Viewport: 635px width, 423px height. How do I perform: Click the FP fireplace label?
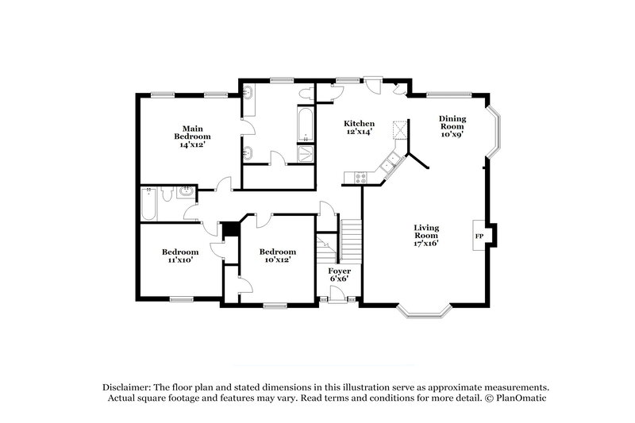[479, 236]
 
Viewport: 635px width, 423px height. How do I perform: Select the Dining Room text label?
[452, 126]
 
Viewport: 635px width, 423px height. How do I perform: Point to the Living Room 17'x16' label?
[426, 236]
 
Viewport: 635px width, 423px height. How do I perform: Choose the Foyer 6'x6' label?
[340, 275]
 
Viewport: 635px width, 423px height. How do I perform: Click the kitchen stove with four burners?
[361, 179]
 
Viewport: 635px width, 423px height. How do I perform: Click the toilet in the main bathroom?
[305, 94]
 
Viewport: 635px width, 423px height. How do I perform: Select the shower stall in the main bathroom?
[306, 153]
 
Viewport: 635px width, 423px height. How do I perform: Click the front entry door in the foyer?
[338, 296]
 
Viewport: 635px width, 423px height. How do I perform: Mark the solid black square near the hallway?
[231, 229]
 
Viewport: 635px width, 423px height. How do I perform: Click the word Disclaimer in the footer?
[127, 385]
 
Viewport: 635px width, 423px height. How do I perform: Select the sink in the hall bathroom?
[185, 193]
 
